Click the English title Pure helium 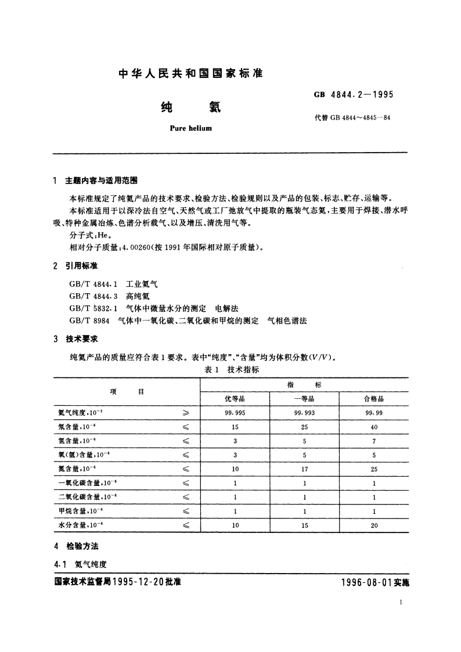pos(190,128)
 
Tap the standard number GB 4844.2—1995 pos(354,95)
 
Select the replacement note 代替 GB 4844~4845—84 pos(351,118)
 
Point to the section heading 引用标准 pos(81,265)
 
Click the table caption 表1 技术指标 pos(232,369)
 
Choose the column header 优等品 pos(235,399)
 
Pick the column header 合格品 pos(374,399)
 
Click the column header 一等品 pos(304,399)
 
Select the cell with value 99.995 pos(235,413)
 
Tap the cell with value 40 pos(374,427)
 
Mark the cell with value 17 pos(304,469)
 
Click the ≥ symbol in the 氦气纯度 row pos(186,413)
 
